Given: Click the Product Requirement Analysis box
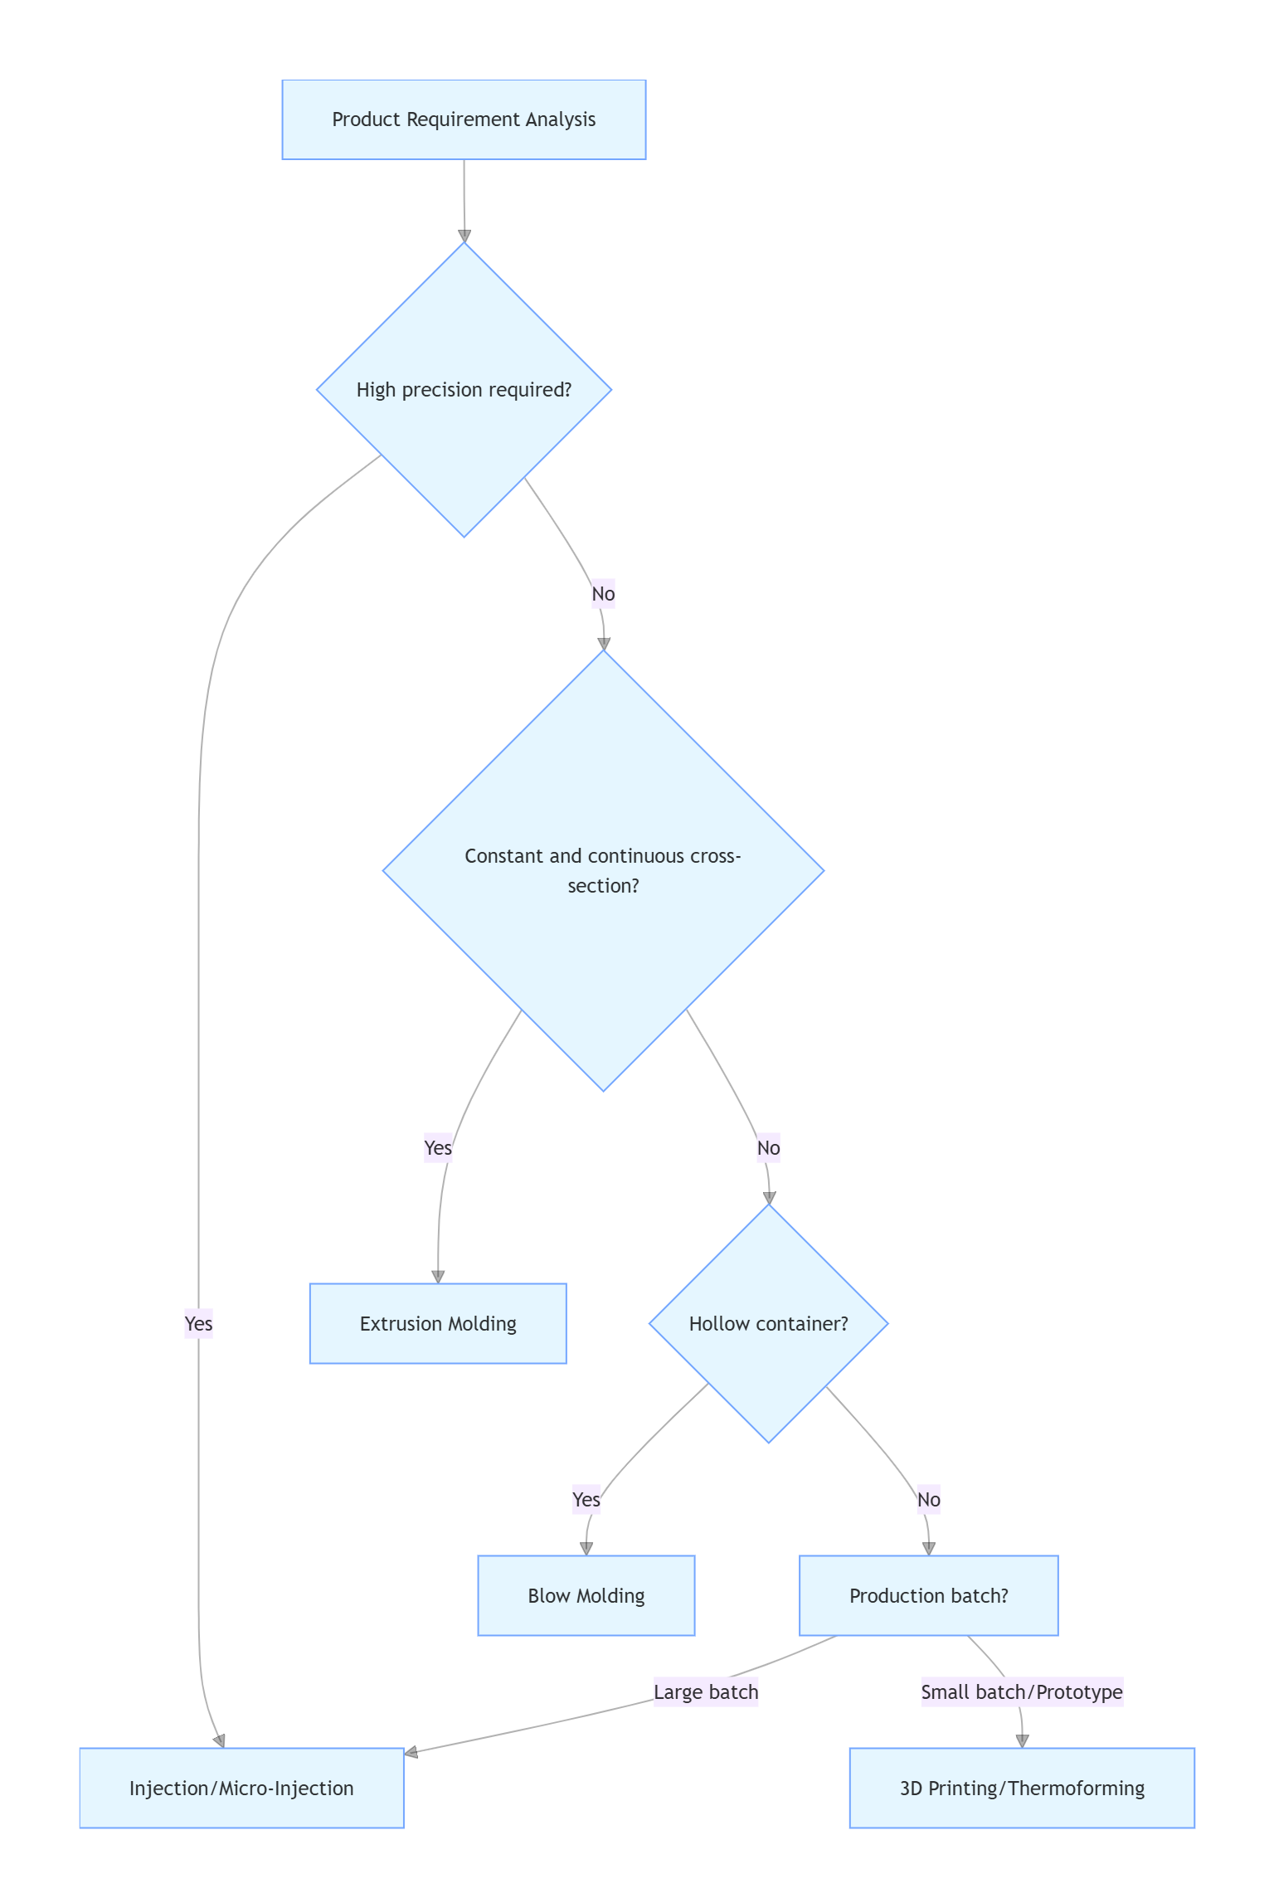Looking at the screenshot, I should coord(464,119).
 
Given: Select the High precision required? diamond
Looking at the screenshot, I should coord(464,390).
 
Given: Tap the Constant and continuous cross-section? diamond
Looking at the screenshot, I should coord(603,870).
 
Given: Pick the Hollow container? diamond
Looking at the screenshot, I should coord(768,1323).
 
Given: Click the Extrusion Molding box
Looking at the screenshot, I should coord(438,1323).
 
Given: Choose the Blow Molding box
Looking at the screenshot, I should coord(586,1595).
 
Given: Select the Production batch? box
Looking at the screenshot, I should coord(928,1595).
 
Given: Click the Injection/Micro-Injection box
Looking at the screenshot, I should coord(241,1788).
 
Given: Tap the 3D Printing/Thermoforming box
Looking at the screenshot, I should coord(1022,1788).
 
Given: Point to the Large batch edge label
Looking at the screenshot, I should coord(706,1691).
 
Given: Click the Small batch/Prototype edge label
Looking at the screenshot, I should coord(1022,1691).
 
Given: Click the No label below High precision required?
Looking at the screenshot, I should coord(603,594).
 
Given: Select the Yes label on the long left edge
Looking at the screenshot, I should coord(198,1323).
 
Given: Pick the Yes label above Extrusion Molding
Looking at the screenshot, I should coord(438,1147).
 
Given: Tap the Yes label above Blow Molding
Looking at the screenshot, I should coord(586,1499).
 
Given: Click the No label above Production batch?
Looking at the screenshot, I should coord(928,1499).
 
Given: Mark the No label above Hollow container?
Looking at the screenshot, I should coord(768,1147).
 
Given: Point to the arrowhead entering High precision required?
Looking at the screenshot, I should coord(464,236).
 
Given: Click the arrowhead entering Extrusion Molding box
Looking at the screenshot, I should coord(438,1277).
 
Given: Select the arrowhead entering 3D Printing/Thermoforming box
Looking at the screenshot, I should coord(1022,1741).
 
